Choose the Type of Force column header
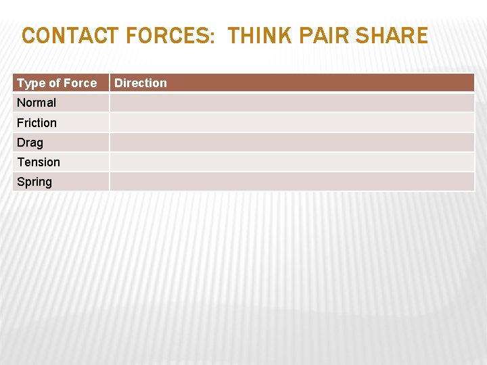(57, 83)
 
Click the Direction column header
(141, 83)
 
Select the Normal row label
(37, 103)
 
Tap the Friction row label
(37, 122)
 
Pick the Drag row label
(30, 143)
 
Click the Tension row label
(39, 162)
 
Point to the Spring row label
(34, 182)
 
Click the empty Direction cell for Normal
(292, 103)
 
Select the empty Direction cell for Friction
(292, 122)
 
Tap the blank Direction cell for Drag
(292, 143)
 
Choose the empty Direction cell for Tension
(292, 162)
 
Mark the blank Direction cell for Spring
(292, 182)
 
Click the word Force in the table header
(80, 83)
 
